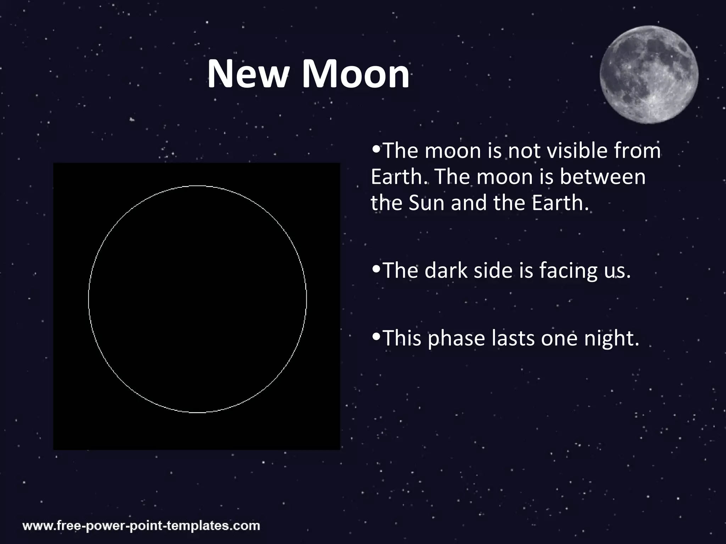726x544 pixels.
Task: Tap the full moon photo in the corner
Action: pos(649,74)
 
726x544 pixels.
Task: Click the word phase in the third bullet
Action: pos(456,339)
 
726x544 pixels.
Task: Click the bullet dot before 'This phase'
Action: pos(376,336)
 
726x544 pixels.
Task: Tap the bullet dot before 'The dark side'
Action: pos(376,269)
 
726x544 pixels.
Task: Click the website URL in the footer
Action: pos(141,525)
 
